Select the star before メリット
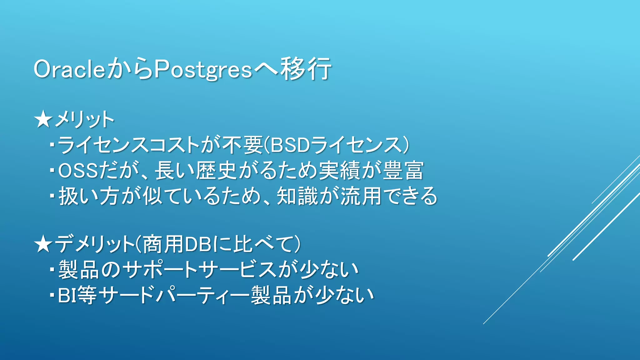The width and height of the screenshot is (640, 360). [43, 120]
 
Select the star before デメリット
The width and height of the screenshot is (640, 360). [43, 244]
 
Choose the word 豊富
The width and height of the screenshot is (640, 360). [403, 171]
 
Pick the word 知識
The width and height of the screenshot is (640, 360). [297, 196]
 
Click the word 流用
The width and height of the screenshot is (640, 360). [361, 196]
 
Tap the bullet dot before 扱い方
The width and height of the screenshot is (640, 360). [52, 196]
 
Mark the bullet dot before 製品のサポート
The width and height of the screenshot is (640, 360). [52, 270]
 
